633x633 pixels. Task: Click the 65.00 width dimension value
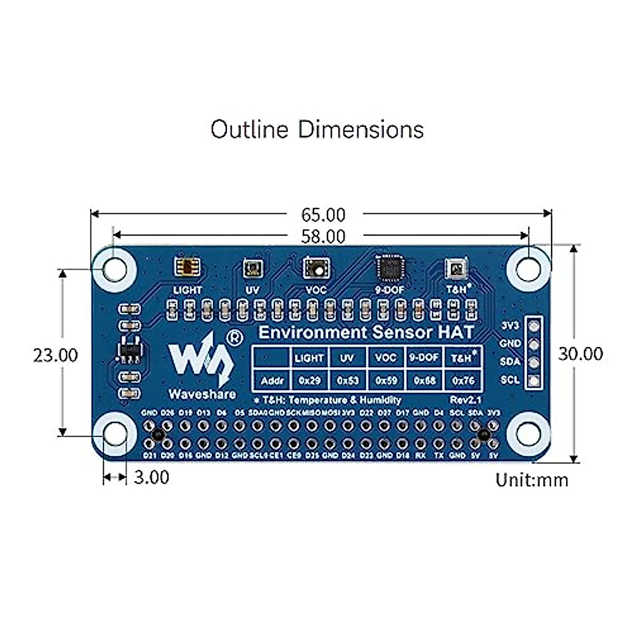323,215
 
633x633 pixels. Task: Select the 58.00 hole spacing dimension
323,236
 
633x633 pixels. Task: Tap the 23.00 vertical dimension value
55,355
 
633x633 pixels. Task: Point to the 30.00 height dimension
580,354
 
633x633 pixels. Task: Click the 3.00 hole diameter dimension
151,477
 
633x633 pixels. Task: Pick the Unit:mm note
532,480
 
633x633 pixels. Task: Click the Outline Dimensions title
317,129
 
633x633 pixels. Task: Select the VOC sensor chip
316,268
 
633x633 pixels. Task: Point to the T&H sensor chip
455,268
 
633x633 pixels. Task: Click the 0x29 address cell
309,380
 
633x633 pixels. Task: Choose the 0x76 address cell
463,380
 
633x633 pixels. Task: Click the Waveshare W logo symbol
200,360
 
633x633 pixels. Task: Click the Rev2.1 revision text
465,400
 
